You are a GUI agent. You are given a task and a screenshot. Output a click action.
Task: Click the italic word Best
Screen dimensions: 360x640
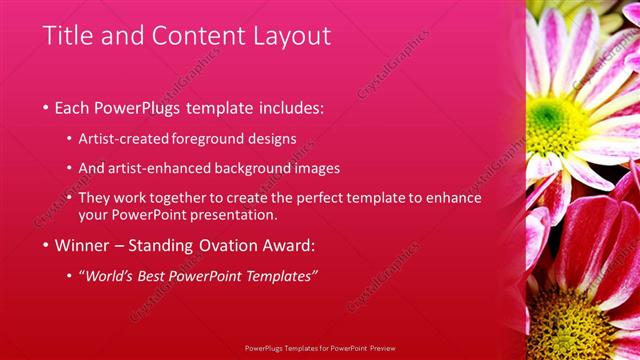pyautogui.click(x=171, y=275)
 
